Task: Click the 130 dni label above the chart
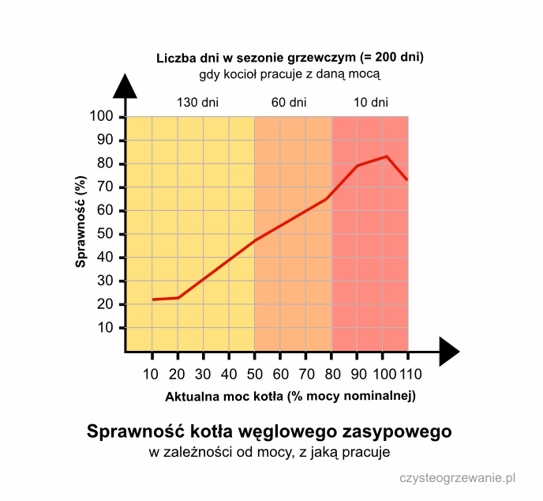point(197,103)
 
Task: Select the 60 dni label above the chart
point(289,103)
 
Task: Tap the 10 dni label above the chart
point(370,103)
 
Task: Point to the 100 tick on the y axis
point(104,117)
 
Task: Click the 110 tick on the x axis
point(409,375)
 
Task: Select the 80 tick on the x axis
point(331,375)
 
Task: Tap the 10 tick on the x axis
point(152,375)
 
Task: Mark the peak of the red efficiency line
point(386,156)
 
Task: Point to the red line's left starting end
point(153,299)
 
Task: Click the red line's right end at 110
point(407,179)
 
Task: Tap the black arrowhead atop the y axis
point(125,85)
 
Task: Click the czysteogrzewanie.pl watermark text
point(457,477)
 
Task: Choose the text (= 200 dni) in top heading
point(391,58)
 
